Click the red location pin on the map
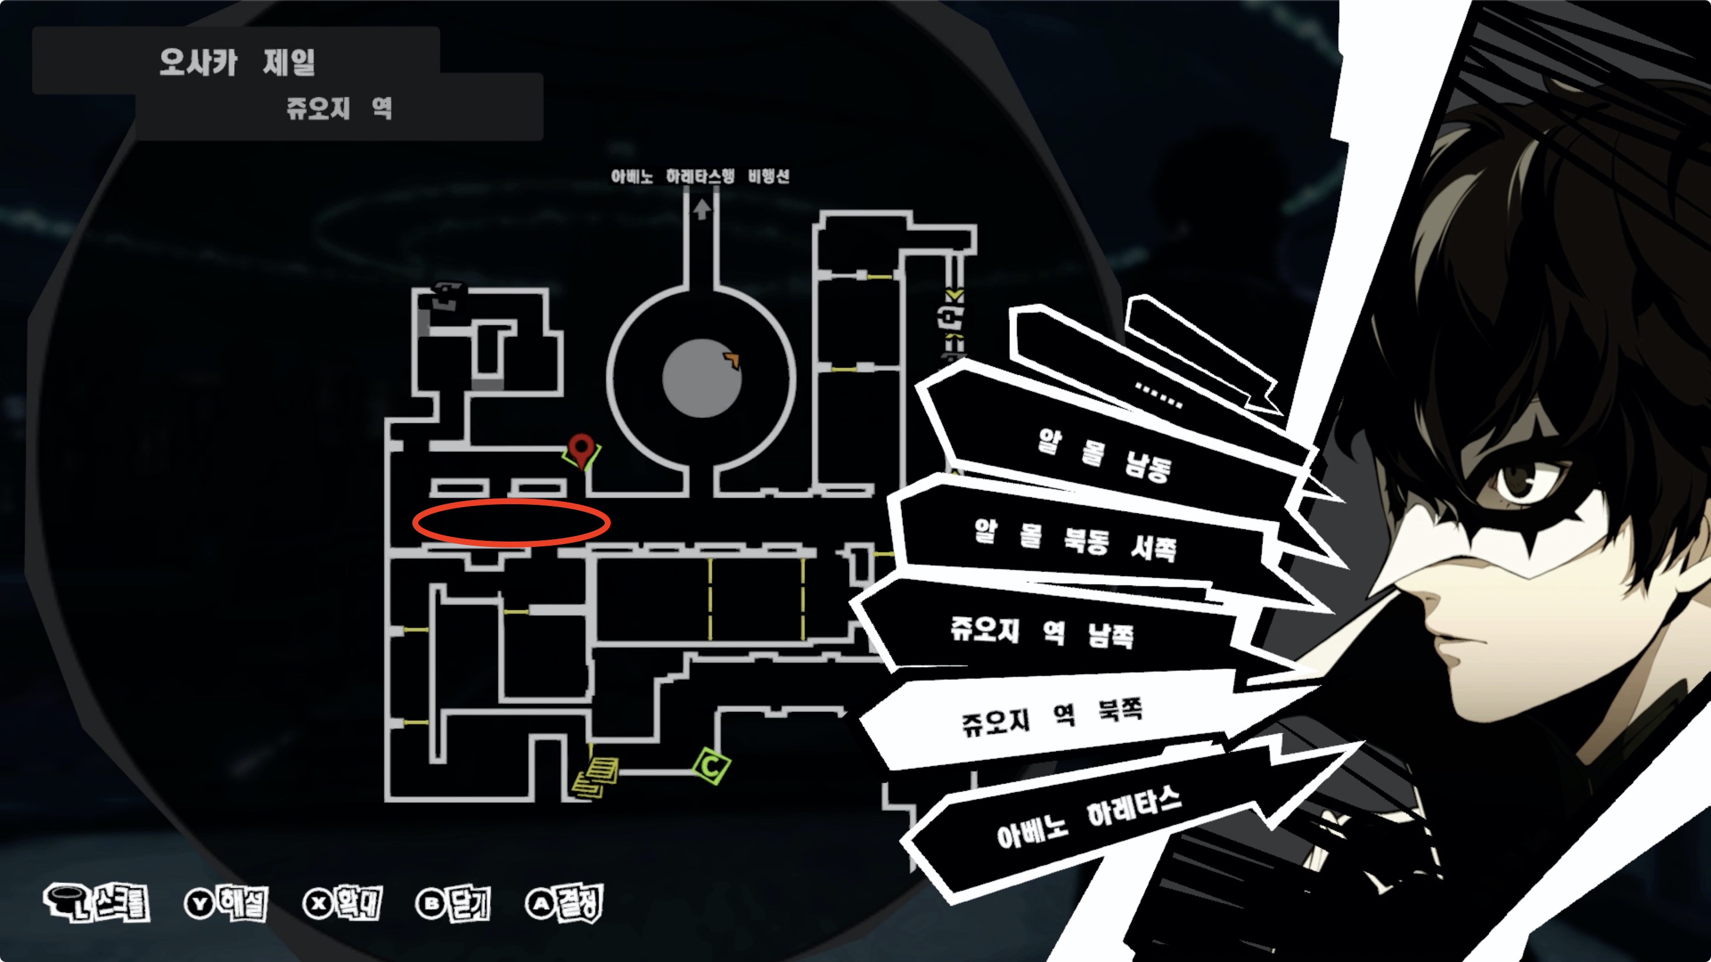pyautogui.click(x=582, y=450)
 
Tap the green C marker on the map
pyautogui.click(x=711, y=766)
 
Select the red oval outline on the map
pyautogui.click(x=511, y=523)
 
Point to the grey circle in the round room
pyautogui.click(x=702, y=378)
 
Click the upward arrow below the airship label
pyautogui.click(x=702, y=209)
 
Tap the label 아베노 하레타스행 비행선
pyautogui.click(x=700, y=176)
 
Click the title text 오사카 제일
pyautogui.click(x=236, y=62)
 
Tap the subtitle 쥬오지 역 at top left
pyautogui.click(x=339, y=107)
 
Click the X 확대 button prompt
pyautogui.click(x=342, y=903)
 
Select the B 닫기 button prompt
pyautogui.click(x=453, y=903)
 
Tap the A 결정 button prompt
pyautogui.click(x=564, y=903)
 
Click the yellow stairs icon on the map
pyautogui.click(x=595, y=777)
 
